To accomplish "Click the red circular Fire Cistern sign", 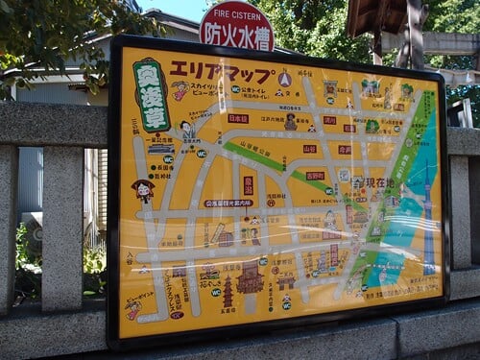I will pos(236,25).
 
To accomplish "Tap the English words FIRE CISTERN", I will pos(236,15).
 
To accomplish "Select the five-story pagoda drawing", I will pos(228,291).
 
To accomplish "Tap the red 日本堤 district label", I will pos(237,118).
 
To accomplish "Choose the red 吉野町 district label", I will pos(315,176).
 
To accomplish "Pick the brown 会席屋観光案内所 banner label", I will pos(228,204).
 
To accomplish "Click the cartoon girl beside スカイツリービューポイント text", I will pos(180,90).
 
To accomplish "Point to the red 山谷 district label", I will pos(309,149).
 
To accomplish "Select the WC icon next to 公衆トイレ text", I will pos(236,88).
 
